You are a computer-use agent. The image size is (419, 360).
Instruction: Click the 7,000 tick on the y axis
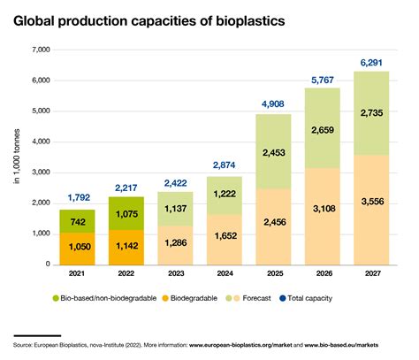pyautogui.click(x=39, y=50)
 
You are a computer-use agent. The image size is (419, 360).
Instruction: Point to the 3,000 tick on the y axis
pyautogui.click(x=39, y=172)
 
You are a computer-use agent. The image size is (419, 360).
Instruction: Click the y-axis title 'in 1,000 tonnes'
pyautogui.click(x=16, y=157)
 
